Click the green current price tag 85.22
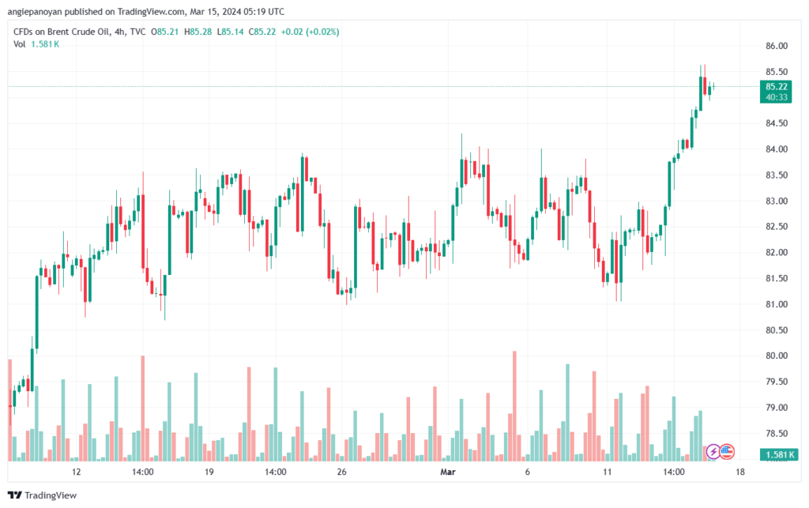tap(776, 86)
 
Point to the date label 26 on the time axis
tap(341, 472)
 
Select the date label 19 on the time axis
tap(209, 472)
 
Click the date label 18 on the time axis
tap(739, 472)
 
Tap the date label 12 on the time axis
tap(76, 472)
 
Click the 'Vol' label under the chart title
tap(20, 43)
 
